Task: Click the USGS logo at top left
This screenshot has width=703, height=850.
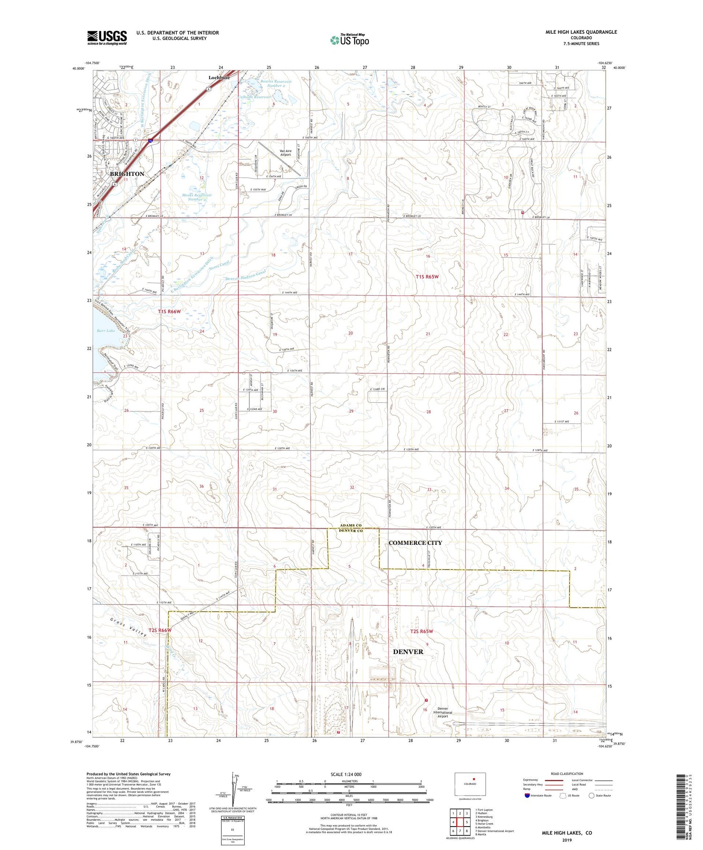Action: pyautogui.click(x=107, y=37)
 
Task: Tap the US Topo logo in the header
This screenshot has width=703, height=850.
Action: pyautogui.click(x=349, y=40)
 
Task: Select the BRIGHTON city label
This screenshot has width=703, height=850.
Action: pyautogui.click(x=127, y=173)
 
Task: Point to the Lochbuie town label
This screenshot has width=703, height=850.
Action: pyautogui.click(x=219, y=78)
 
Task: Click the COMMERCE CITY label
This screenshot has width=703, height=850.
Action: pyautogui.click(x=415, y=542)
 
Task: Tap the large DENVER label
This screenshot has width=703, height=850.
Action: pyautogui.click(x=408, y=652)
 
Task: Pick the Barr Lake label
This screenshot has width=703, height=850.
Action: pyautogui.click(x=106, y=331)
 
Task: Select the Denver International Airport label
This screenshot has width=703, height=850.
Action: pyautogui.click(x=443, y=712)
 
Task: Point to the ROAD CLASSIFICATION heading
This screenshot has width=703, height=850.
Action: pyautogui.click(x=567, y=774)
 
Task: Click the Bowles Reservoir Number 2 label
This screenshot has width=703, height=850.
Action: pyautogui.click(x=276, y=83)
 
